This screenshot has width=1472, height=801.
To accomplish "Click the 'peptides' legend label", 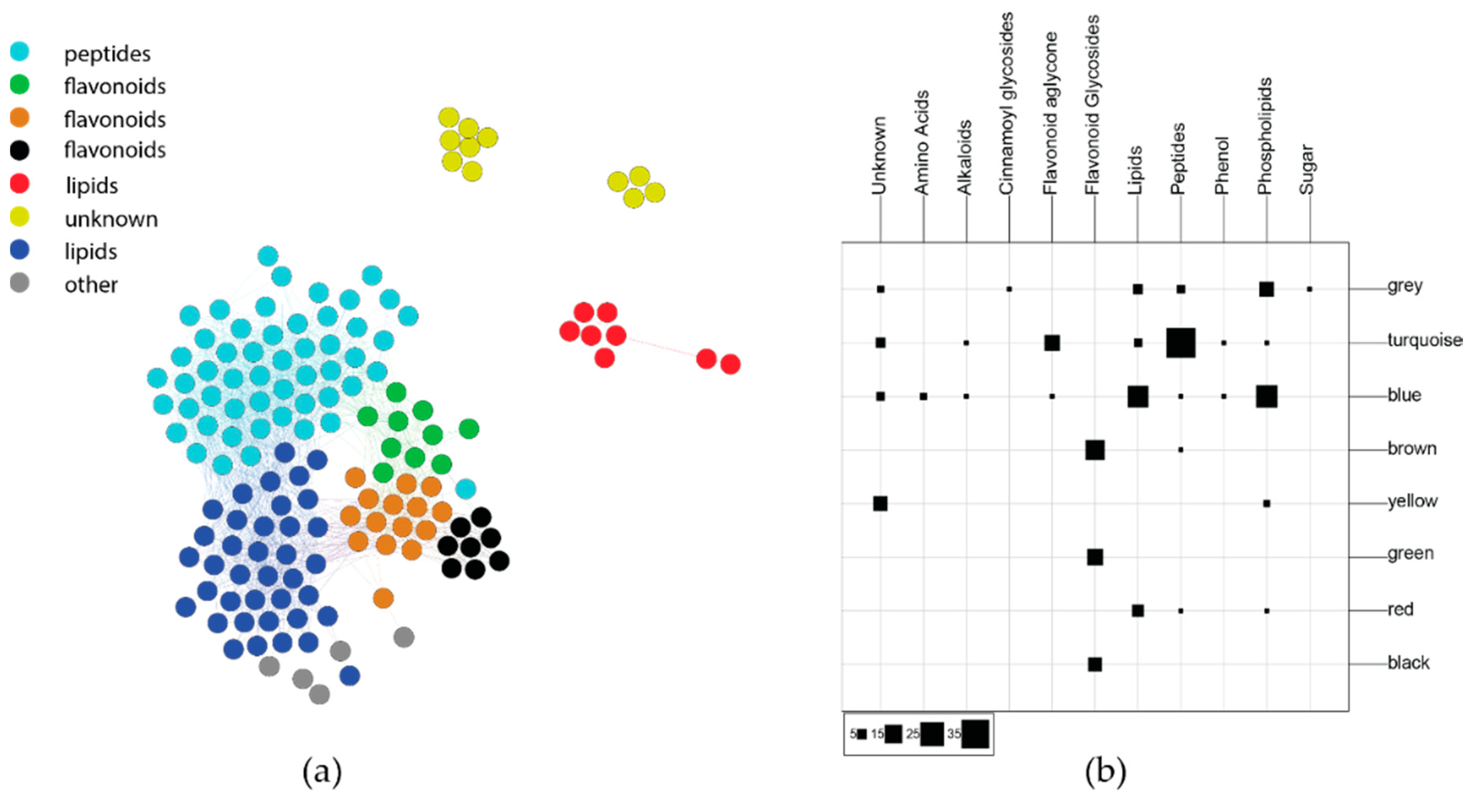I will click(107, 54).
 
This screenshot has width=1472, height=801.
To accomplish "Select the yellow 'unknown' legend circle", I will click(20, 217).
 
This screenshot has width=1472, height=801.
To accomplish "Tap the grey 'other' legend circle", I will click(20, 283).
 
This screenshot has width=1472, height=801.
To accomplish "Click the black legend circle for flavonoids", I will click(20, 150).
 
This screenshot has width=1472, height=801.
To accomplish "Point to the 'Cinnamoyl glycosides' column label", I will click(1007, 103).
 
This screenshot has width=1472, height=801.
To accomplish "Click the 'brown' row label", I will click(1412, 449).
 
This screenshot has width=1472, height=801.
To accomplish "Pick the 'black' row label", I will click(1409, 663).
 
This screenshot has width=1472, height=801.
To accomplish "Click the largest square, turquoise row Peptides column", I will click(1181, 343).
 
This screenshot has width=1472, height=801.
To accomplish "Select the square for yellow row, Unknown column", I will click(880, 503).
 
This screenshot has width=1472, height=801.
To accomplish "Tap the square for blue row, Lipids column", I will click(1138, 397).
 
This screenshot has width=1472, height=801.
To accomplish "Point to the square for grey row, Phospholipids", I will click(1266, 289).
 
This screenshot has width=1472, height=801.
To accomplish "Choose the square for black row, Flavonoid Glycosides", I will click(1095, 664).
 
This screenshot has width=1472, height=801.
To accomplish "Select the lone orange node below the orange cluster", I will click(383, 598).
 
